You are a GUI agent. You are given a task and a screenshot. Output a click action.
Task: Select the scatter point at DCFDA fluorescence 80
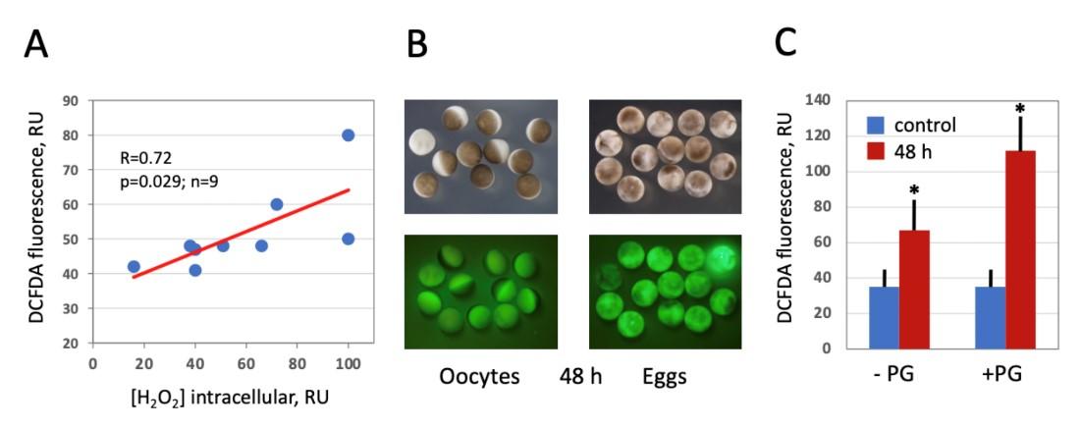pyautogui.click(x=348, y=135)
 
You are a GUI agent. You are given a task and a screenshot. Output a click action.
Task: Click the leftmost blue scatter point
pyautogui.click(x=134, y=266)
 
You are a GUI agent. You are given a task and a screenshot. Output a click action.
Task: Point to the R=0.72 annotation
pyautogui.click(x=145, y=156)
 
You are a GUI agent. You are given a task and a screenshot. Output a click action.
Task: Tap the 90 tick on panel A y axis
pyautogui.click(x=72, y=101)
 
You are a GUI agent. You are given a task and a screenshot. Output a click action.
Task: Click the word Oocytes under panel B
pyautogui.click(x=480, y=378)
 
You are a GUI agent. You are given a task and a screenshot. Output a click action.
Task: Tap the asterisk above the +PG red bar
pyautogui.click(x=1021, y=108)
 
